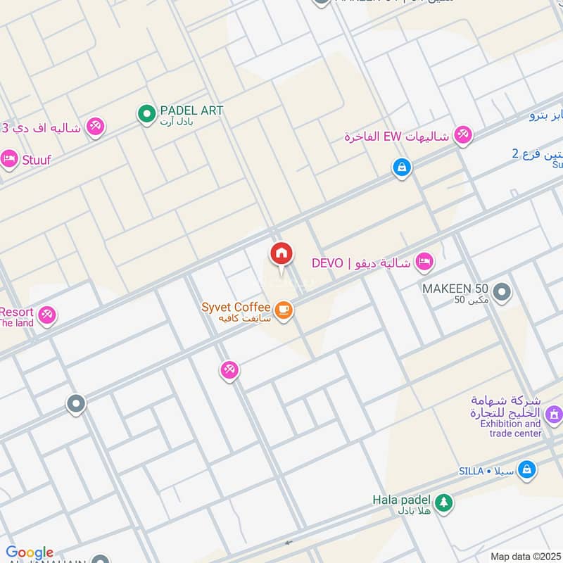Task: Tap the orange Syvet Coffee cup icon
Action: point(283,310)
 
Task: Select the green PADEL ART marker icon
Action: point(146,113)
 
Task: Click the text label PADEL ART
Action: point(191,110)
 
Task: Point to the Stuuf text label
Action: point(36,160)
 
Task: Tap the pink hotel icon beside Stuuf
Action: point(9,160)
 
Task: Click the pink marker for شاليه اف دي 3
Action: point(94,127)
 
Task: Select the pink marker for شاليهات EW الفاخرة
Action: point(462,134)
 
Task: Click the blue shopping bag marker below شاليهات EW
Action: point(401,167)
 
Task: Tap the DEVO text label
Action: point(327,263)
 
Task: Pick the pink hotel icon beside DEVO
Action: point(424,262)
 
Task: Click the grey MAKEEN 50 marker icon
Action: point(501,291)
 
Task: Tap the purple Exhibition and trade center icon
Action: point(554,415)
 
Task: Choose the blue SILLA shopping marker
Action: point(526,469)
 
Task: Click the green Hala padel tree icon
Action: point(443,502)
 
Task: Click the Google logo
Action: point(30,552)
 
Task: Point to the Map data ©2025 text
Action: point(524,557)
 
